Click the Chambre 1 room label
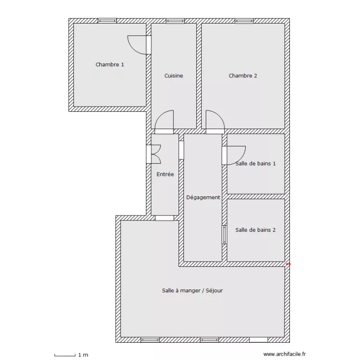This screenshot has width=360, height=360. point(109,64)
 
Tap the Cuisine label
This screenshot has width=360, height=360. point(174,75)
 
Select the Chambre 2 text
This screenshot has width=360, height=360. point(243,75)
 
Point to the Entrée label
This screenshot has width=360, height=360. point(165,174)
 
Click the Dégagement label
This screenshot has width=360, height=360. point(203,197)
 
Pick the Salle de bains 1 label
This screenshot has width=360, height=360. point(255,164)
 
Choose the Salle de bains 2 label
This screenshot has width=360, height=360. point(255,230)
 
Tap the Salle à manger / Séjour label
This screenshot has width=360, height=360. point(192,290)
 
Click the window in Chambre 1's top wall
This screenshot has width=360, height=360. point(107,21)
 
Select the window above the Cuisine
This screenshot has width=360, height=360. point(175,21)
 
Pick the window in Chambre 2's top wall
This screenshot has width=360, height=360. point(244,21)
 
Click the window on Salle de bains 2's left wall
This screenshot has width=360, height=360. point(224,235)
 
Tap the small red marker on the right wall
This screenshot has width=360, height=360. point(288,264)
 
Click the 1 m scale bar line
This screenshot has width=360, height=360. point(65,356)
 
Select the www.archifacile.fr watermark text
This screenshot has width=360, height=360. point(285,354)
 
